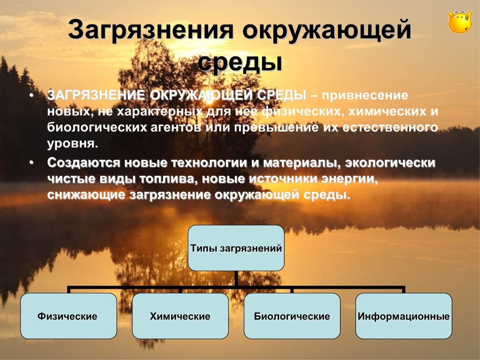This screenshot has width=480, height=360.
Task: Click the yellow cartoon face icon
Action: coord(460,22)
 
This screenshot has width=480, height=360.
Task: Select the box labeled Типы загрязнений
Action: coord(236,248)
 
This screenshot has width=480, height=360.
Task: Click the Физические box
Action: coord(68,316)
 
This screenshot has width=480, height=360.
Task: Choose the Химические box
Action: coord(180,316)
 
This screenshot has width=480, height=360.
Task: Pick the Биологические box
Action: coord(292,316)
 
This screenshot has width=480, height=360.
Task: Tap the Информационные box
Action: coord(404,316)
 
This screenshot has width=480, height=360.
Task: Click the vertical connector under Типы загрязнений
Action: coord(236,278)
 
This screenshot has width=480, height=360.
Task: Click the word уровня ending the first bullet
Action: coord(72,144)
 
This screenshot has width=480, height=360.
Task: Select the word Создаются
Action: coord(84,164)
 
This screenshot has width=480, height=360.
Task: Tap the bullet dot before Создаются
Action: coord(32,164)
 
